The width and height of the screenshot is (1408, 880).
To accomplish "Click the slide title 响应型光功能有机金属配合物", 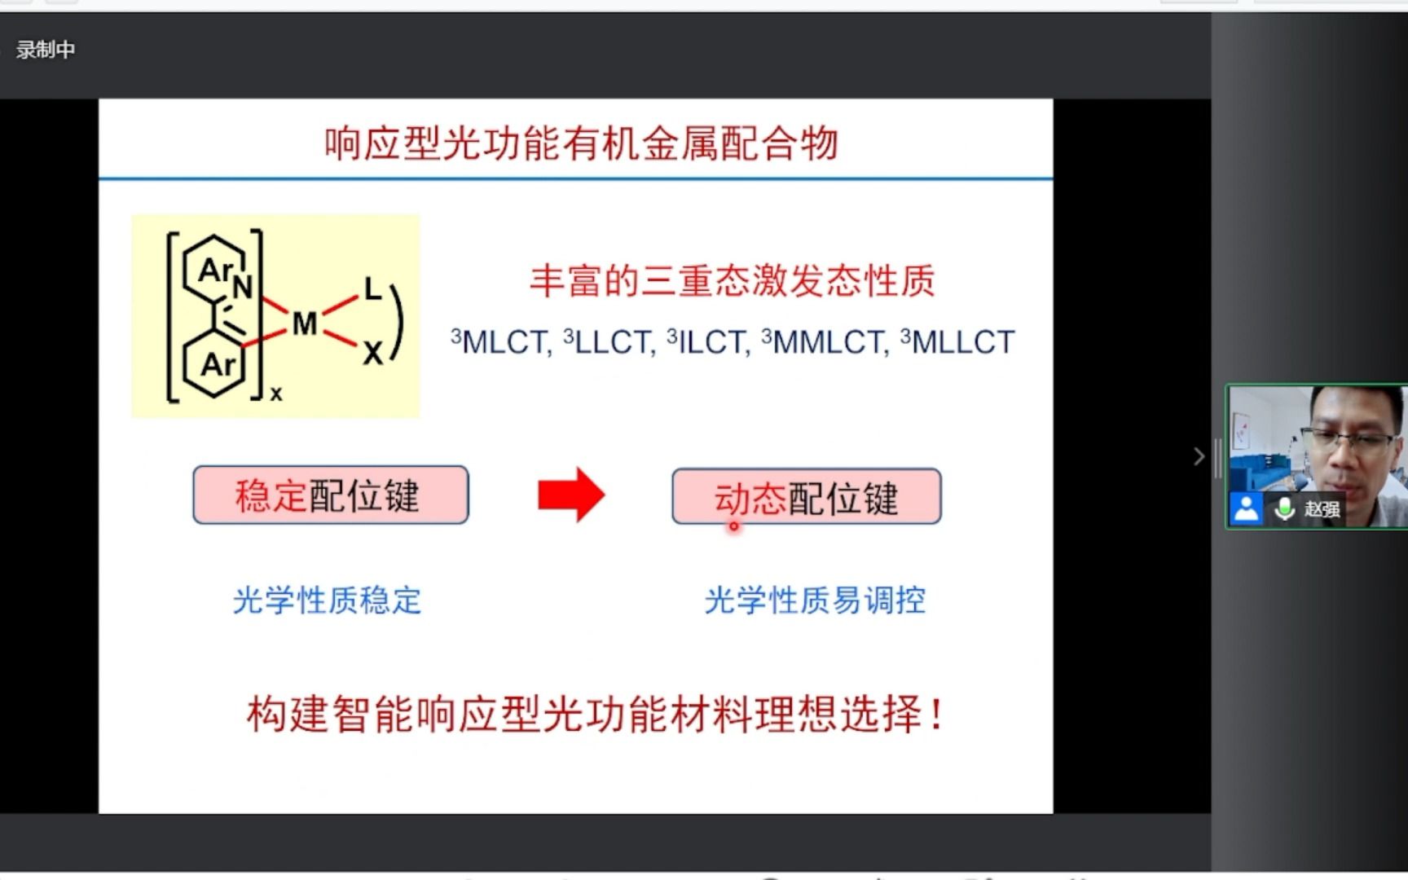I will pyautogui.click(x=581, y=143).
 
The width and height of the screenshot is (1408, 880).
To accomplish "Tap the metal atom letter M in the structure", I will pyautogui.click(x=305, y=324).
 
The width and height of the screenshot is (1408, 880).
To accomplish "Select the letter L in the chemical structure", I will pyautogui.click(x=372, y=288).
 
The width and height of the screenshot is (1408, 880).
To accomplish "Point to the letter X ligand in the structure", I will pyautogui.click(x=372, y=353).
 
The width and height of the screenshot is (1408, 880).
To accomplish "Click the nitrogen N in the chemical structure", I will pyautogui.click(x=242, y=286).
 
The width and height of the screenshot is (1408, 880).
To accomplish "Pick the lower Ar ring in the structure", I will pyautogui.click(x=216, y=364).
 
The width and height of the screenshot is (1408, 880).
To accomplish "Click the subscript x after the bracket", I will pyautogui.click(x=276, y=394).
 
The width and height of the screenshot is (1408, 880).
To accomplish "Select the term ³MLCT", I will pyautogui.click(x=501, y=342).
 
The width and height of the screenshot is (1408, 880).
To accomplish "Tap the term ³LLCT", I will pyautogui.click(x=609, y=342).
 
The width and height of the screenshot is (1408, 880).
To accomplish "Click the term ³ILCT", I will pyautogui.click(x=708, y=342).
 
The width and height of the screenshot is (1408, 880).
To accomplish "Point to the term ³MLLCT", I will pyautogui.click(x=957, y=342).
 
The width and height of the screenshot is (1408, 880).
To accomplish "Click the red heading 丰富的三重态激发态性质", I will pyautogui.click(x=732, y=281).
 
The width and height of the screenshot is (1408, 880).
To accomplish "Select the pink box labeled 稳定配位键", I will pyautogui.click(x=331, y=495).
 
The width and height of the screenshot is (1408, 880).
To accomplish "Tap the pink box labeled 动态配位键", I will pyautogui.click(x=806, y=496).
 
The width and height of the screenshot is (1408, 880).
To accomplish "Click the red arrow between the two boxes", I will pyautogui.click(x=571, y=495).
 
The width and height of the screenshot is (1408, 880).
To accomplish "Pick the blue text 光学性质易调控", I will pyautogui.click(x=815, y=601).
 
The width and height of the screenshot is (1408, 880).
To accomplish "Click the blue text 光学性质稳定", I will pyautogui.click(x=327, y=601).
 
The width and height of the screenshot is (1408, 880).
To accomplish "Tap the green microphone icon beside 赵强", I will pyautogui.click(x=1284, y=508).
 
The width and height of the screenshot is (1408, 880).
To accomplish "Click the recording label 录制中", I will pyautogui.click(x=45, y=50).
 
